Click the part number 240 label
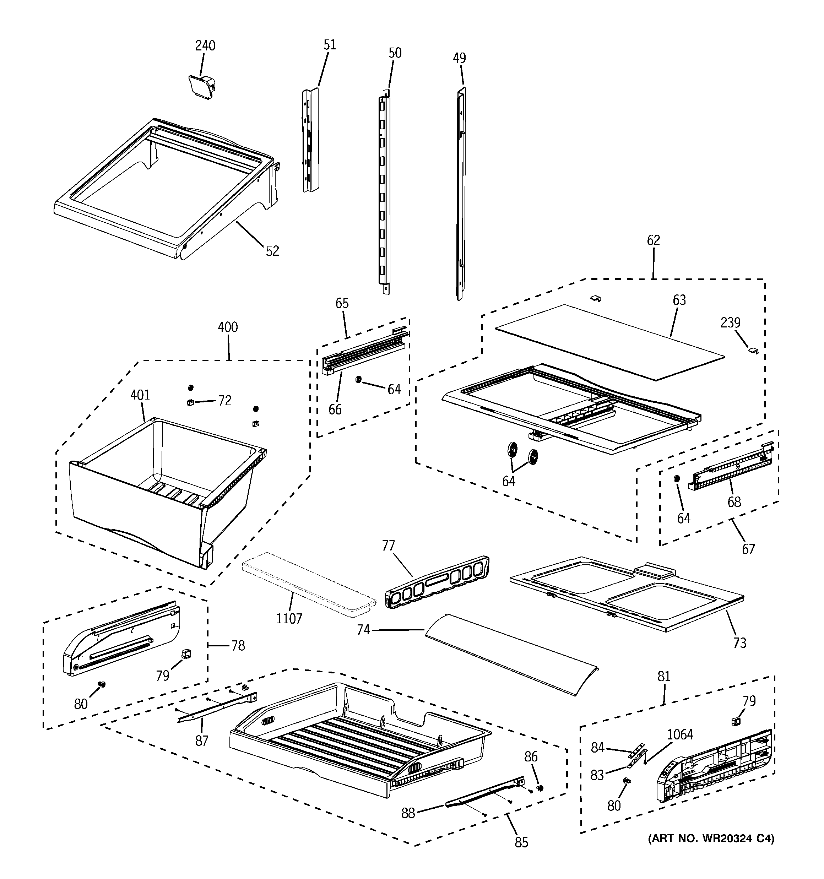[205, 45]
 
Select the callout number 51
[330, 45]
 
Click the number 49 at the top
[459, 58]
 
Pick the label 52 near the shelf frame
[272, 251]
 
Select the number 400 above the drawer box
[228, 327]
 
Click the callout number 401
[140, 395]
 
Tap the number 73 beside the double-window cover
[739, 642]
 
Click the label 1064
[680, 734]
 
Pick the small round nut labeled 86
[540, 788]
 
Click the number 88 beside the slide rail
[408, 813]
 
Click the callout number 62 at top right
[653, 240]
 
